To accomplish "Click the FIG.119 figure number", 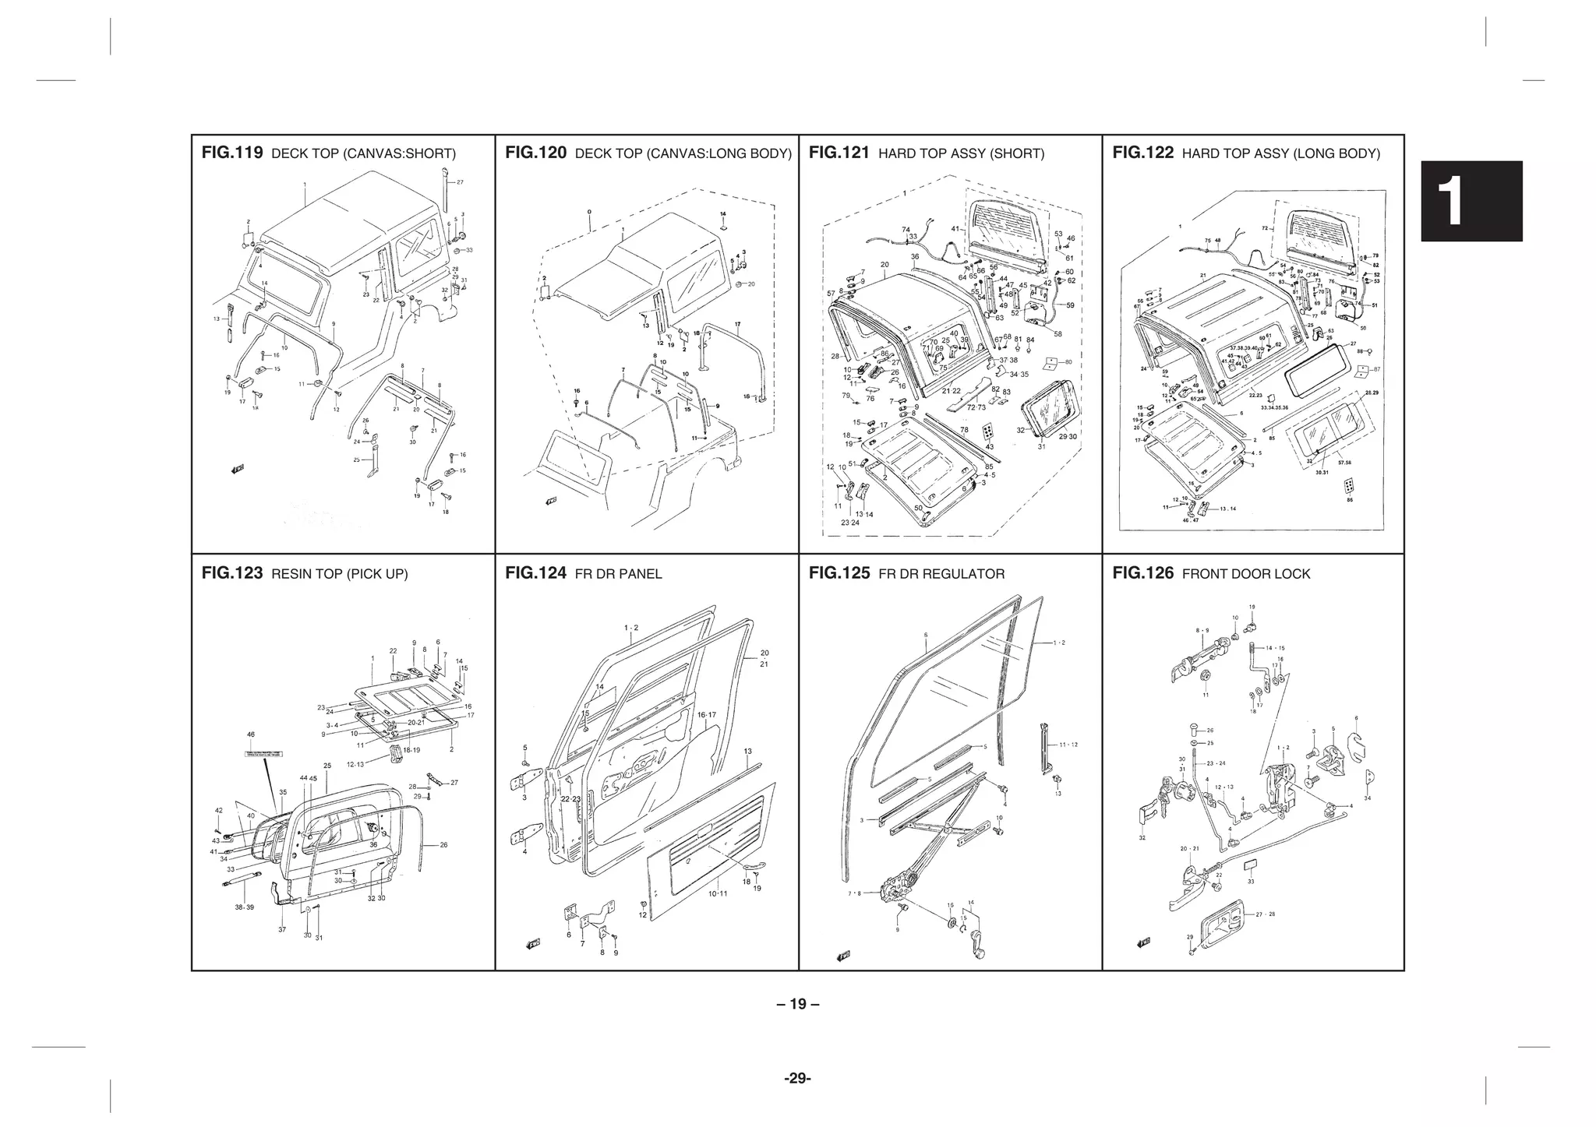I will (x=231, y=153).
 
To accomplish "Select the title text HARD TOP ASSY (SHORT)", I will (x=961, y=153).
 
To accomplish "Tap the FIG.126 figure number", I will (x=1142, y=574).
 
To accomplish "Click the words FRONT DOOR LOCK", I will (x=1246, y=574).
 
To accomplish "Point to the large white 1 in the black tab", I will (x=1470, y=202).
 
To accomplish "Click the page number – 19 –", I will (x=797, y=1004).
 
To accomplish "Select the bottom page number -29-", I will (x=797, y=1079).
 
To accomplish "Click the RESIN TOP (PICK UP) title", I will (x=339, y=574).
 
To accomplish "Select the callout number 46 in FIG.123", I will (x=250, y=734).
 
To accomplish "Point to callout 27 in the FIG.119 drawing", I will (x=460, y=182).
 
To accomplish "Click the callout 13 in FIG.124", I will (x=747, y=752).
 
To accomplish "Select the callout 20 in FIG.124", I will (x=764, y=653).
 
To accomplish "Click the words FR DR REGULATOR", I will (x=941, y=574).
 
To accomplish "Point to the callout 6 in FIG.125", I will (x=925, y=635).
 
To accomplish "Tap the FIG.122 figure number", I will (x=1142, y=153).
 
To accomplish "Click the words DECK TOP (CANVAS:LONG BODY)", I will (x=683, y=153).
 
